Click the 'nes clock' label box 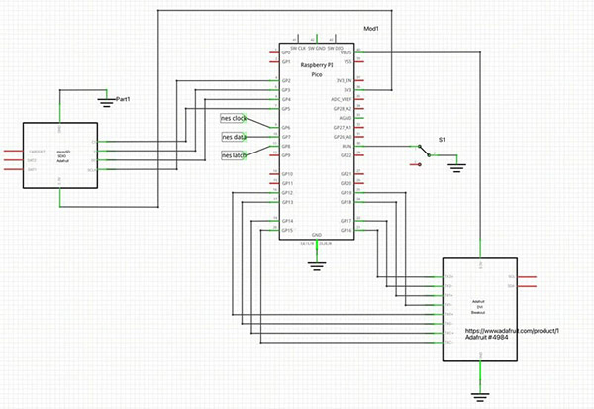234,119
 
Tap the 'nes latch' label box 234,155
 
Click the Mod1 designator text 372,28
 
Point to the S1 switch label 442,141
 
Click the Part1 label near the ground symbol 125,100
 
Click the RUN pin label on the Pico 347,147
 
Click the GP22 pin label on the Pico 346,155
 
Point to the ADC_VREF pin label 342,99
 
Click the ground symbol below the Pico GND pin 316,263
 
